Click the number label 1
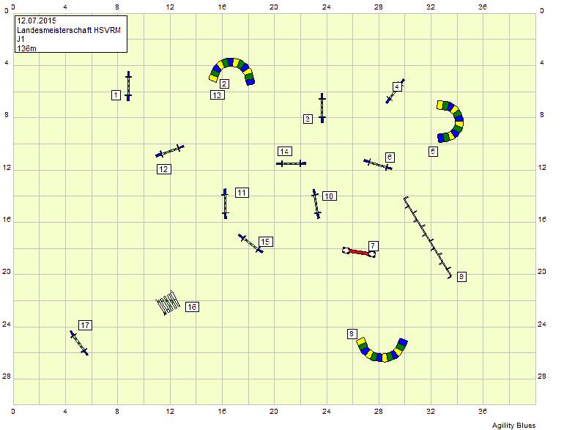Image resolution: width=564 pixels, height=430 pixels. point(116,94)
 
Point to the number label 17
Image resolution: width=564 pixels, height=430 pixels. point(85,325)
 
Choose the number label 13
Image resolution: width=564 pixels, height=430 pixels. point(217,95)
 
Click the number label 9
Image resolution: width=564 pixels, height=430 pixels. point(461,276)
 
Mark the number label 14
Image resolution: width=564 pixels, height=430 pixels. point(285,151)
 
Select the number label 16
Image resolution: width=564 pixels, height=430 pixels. point(192,307)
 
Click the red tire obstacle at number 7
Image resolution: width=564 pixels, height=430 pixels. point(359,251)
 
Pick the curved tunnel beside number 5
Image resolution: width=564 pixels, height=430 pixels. point(451,121)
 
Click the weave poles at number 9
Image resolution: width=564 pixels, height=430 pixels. point(427,238)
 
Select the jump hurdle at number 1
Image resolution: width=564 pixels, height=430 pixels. point(128,86)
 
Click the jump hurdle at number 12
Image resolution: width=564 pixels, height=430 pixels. point(170,150)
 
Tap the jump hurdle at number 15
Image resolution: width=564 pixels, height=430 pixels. point(251,244)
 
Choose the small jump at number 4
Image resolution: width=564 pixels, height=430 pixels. point(395,91)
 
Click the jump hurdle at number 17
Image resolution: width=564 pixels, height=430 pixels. point(79,343)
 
